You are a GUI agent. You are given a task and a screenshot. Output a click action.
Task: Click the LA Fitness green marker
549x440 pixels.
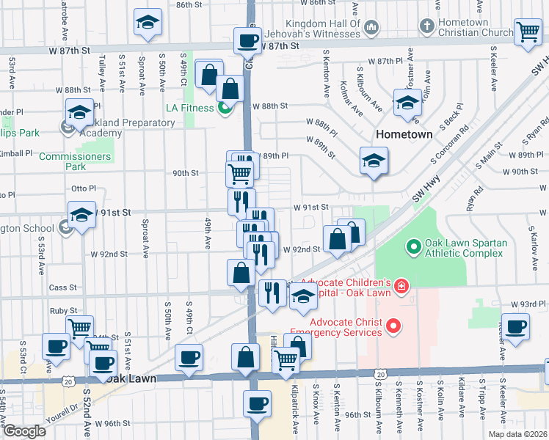click(x=225, y=109)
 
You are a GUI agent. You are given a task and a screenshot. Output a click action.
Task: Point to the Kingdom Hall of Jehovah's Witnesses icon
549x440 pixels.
click(x=371, y=28)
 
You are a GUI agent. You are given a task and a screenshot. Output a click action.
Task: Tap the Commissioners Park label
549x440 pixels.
click(x=75, y=161)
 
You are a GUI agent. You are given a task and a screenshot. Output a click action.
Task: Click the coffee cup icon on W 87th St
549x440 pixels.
click(x=248, y=40)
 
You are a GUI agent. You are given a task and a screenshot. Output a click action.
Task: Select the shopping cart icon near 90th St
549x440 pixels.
click(x=240, y=174)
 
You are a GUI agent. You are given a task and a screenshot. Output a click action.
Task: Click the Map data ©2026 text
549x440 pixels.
click(x=517, y=433)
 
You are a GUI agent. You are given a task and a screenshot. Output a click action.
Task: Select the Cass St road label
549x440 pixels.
click(x=63, y=287)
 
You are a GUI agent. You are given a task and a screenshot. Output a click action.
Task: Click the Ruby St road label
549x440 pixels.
click(x=63, y=311)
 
